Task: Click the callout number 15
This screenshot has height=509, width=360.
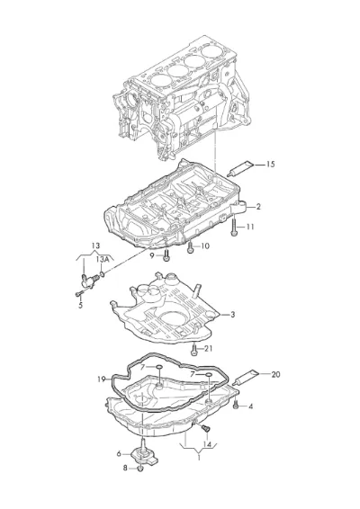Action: [270, 165]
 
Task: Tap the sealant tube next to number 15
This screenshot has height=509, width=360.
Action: [241, 168]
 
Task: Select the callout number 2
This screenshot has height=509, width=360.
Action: [258, 207]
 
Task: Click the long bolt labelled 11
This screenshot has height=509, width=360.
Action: [234, 227]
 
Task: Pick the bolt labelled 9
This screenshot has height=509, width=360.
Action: [166, 255]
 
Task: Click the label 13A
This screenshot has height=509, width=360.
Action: [102, 259]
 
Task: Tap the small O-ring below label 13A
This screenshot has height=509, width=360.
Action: [102, 275]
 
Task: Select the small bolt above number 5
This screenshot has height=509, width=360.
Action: [78, 294]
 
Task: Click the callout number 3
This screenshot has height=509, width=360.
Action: [232, 315]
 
